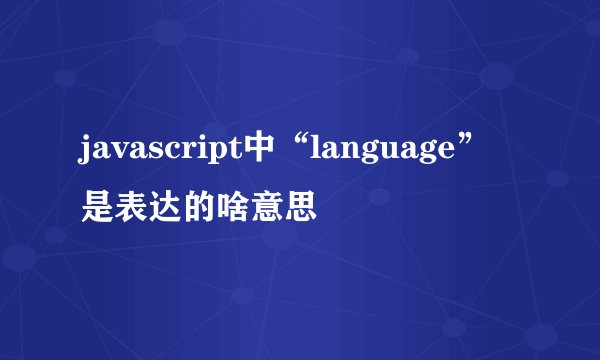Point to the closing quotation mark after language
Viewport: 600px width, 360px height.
(471, 146)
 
